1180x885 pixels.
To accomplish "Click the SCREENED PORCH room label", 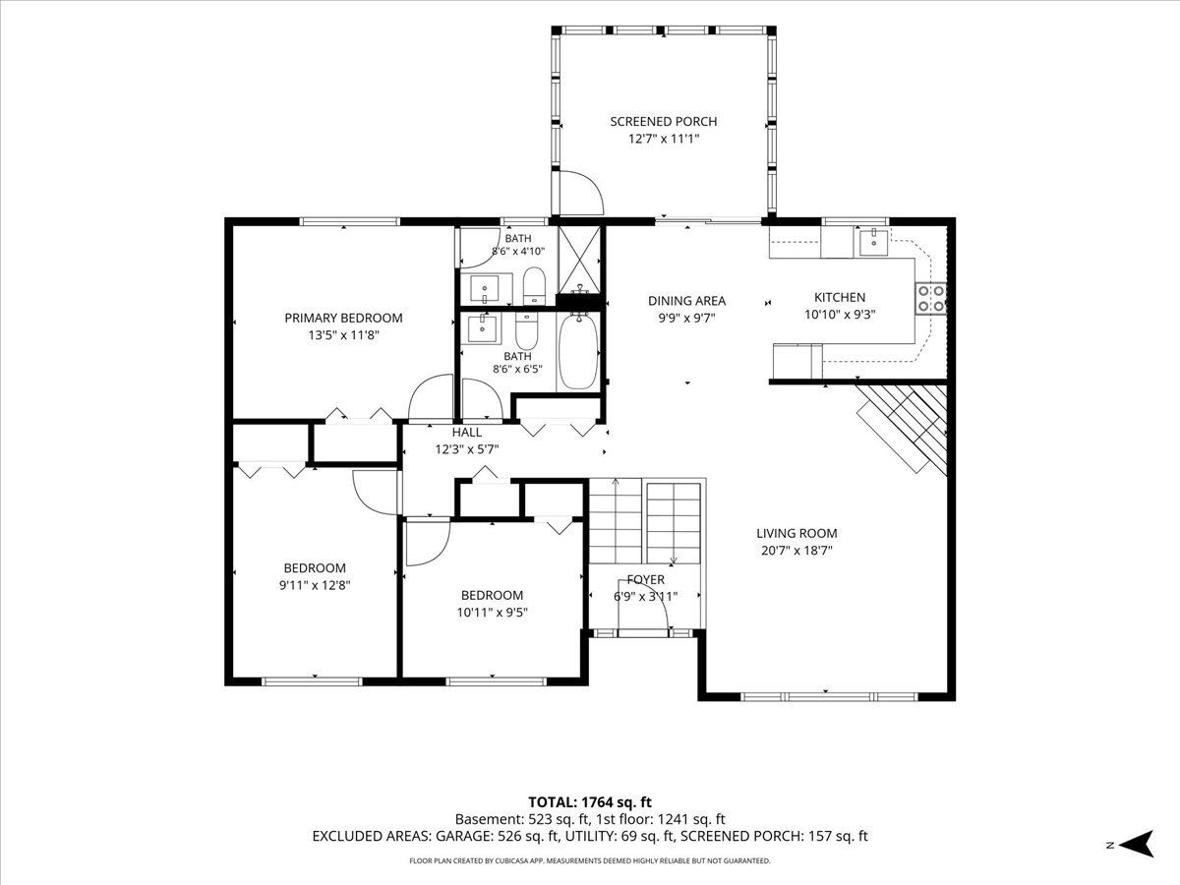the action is point(664,121).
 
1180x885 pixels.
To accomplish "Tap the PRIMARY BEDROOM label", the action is point(343,318).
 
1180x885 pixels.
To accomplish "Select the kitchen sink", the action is point(873,241).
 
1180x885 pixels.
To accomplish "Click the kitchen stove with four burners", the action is point(930,299).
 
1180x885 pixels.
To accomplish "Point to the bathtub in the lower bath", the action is point(578,351).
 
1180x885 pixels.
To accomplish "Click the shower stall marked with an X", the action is point(579,260).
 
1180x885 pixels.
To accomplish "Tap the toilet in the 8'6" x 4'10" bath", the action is point(534,285).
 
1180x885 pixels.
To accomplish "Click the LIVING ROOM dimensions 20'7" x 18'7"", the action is point(796,551).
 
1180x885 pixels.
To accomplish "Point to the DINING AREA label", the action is point(686,301).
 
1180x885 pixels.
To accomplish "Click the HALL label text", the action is point(467,432).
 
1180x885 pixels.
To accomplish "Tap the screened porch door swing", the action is point(580,193).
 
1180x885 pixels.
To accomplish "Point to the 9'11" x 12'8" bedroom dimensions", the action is point(315,585).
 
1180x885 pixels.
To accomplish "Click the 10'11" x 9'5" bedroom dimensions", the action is point(492,612).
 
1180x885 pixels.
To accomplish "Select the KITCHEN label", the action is point(840,297).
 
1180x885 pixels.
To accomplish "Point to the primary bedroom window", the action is point(350,221).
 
